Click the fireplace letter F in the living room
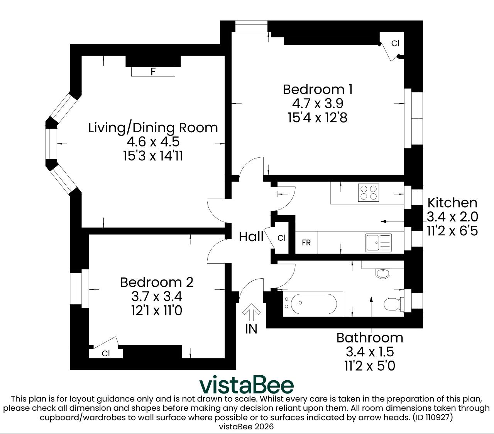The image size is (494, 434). tap(153, 71)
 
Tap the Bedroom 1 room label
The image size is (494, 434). tap(318, 89)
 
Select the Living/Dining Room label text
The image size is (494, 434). tap(153, 128)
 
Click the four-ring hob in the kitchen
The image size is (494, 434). tap(369, 192)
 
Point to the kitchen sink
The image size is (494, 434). tap(378, 243)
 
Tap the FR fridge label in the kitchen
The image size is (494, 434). tap(306, 243)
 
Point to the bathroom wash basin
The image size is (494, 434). tap(383, 274)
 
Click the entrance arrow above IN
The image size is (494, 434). tap(251, 312)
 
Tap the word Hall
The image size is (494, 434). tap(251, 237)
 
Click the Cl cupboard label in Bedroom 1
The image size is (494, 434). tap(395, 43)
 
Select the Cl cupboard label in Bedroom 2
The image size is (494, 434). tap(106, 353)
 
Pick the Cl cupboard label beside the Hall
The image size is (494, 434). tap(281, 238)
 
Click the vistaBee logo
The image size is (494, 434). tap(247, 385)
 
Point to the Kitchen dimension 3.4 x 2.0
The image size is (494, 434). tap(452, 217)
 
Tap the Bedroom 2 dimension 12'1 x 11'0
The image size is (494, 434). tap(157, 311)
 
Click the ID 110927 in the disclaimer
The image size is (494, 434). tap(433, 417)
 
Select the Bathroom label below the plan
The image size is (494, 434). tap(370, 338)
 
